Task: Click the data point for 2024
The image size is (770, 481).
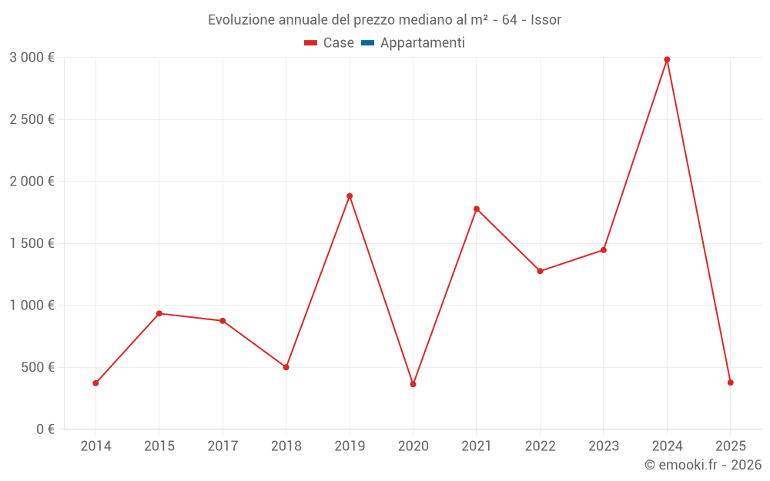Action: [x=667, y=59]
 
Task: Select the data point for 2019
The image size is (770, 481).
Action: [x=350, y=196]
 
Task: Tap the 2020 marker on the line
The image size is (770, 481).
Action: [x=413, y=384]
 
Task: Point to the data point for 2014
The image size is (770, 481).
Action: [x=95, y=383]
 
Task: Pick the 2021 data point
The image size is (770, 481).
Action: [x=477, y=209]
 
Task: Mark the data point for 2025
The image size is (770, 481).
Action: [x=730, y=382]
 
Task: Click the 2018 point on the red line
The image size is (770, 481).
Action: [x=286, y=367]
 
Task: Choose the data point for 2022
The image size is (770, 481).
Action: [x=540, y=271]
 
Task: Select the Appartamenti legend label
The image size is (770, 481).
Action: [x=422, y=43]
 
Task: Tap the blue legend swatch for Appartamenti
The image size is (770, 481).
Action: [x=367, y=43]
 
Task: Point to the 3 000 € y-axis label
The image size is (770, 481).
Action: [x=32, y=58]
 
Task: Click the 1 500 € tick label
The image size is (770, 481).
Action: [x=32, y=243]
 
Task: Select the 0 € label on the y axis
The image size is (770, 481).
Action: [x=45, y=429]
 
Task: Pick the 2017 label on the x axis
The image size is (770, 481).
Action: [x=223, y=446]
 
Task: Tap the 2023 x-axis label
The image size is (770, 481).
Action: [x=603, y=446]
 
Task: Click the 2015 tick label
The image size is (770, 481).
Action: [x=159, y=446]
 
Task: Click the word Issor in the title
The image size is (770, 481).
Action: [x=546, y=19]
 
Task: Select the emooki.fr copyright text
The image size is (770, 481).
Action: [x=702, y=465]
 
